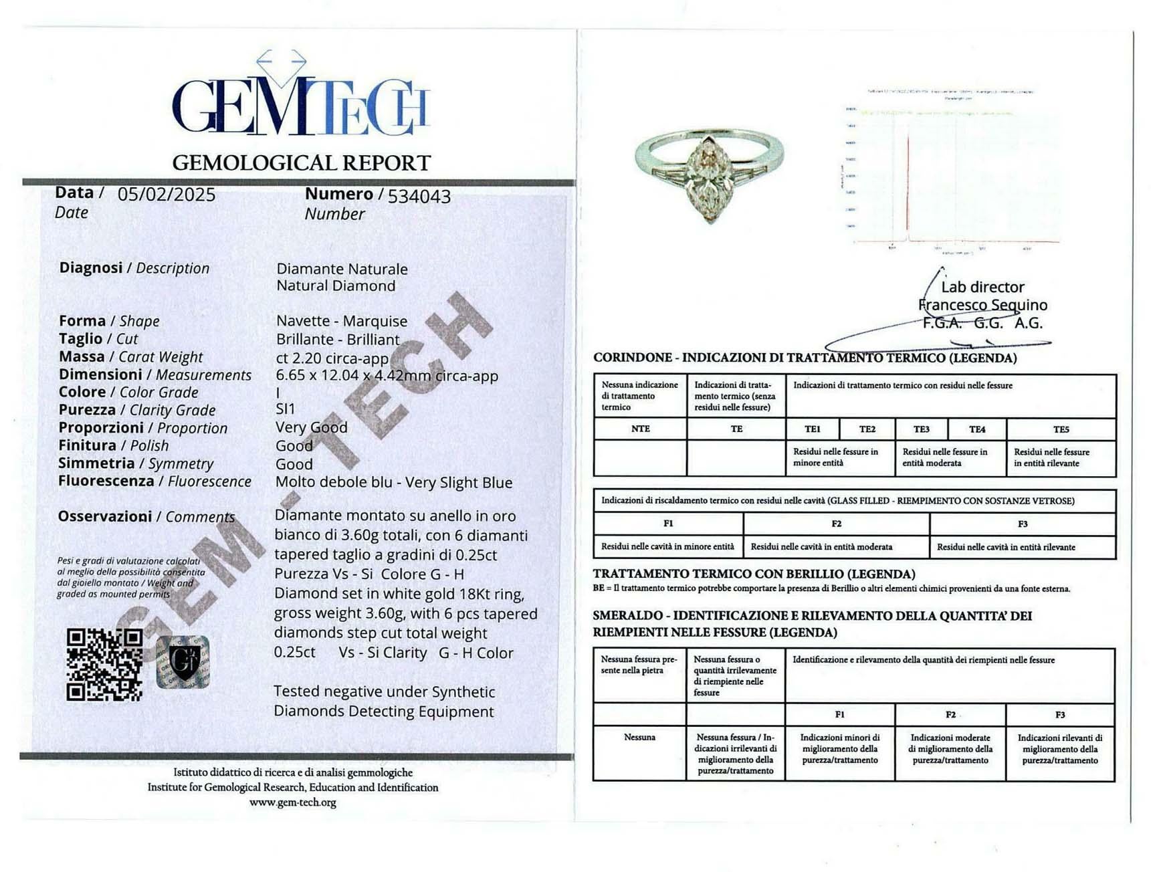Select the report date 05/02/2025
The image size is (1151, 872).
click(167, 195)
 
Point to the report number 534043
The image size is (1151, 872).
click(419, 196)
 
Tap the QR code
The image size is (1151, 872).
click(104, 665)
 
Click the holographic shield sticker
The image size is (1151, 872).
click(183, 661)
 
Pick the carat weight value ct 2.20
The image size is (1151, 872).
click(332, 358)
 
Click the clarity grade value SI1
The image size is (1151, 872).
click(285, 409)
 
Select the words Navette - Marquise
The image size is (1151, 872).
click(342, 321)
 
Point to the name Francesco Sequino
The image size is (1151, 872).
click(982, 305)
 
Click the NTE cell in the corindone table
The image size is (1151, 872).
click(640, 429)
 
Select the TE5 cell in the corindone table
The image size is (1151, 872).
click(1061, 429)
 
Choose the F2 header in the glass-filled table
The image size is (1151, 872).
click(836, 524)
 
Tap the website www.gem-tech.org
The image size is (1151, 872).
click(293, 802)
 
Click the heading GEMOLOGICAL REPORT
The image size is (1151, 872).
click(301, 162)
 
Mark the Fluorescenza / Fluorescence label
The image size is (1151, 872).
click(154, 481)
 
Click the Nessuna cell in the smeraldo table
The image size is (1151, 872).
click(639, 737)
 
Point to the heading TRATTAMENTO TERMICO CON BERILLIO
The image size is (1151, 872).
click(754, 574)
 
